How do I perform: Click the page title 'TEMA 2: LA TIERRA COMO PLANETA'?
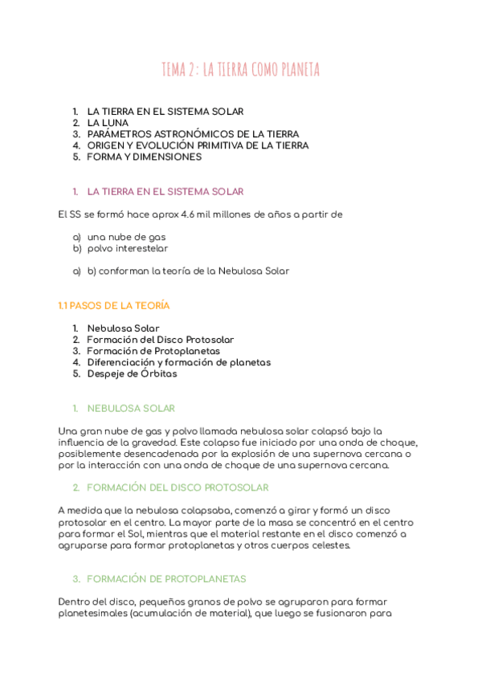point(240,70)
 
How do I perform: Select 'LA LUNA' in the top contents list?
point(108,123)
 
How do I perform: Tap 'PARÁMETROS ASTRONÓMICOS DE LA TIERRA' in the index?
point(193,134)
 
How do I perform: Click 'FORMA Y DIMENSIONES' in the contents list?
point(144,157)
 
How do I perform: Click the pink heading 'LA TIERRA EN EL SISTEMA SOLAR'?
point(165,192)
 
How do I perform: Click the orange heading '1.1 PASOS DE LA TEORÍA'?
point(114,306)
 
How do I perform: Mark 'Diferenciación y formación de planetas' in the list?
point(178,362)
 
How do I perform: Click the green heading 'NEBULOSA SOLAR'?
point(131,409)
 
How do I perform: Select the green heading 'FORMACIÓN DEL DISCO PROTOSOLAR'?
point(177,487)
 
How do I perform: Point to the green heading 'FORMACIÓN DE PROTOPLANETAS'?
point(165,579)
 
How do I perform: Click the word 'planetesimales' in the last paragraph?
point(92,614)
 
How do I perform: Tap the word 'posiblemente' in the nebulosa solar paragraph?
point(92,454)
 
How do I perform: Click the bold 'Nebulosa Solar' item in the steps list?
point(123,328)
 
